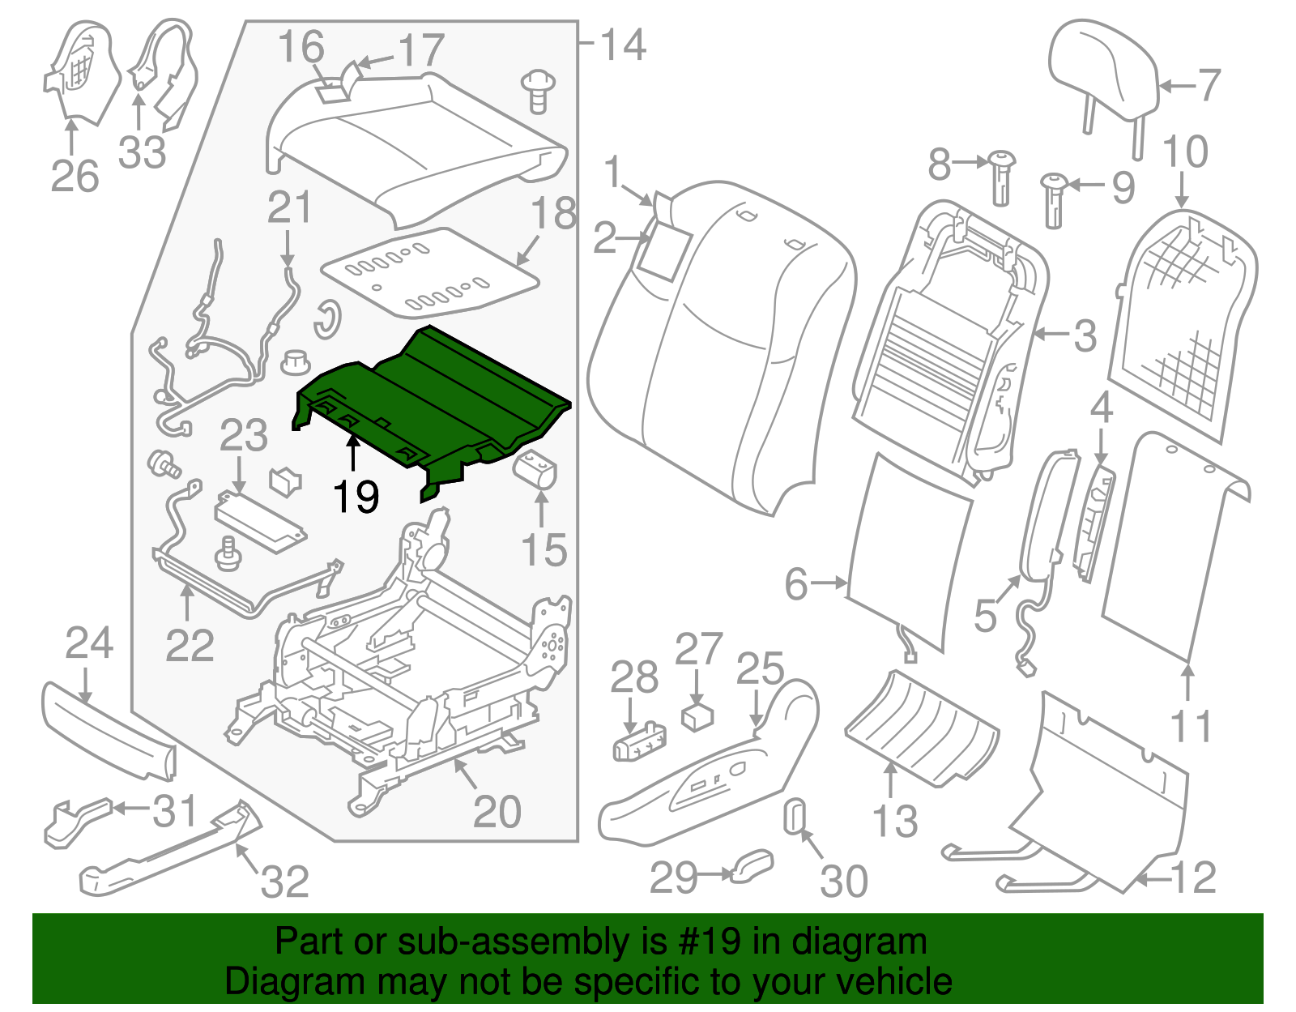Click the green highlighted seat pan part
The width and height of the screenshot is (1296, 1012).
click(437, 397)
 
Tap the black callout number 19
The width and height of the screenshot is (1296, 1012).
click(356, 497)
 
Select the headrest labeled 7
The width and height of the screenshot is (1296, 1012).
click(1102, 69)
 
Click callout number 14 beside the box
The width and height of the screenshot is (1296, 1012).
click(623, 45)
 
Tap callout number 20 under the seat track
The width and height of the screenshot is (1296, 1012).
click(497, 811)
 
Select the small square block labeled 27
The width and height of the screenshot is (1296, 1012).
click(697, 717)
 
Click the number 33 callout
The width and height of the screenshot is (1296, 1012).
click(142, 152)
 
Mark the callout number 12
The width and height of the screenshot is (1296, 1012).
click(1193, 877)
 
